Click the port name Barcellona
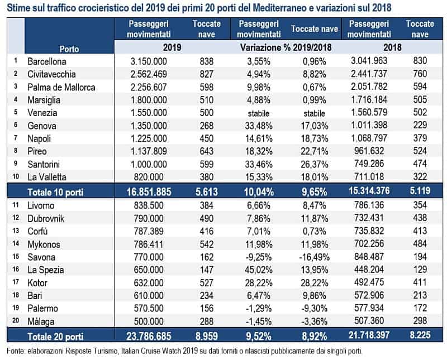[47, 61]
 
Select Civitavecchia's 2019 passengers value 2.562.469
[149, 74]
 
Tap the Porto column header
[69, 49]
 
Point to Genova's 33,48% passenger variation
[259, 126]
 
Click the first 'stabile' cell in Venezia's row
[259, 113]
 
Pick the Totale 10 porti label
[55, 192]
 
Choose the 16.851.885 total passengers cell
[149, 192]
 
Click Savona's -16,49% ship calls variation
[314, 257]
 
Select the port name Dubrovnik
[46, 218]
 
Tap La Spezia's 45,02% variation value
[259, 270]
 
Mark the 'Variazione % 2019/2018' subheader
[286, 47]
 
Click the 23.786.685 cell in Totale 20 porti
[149, 336]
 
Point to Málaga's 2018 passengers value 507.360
[369, 321]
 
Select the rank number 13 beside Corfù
[16, 231]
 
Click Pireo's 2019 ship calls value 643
[206, 151]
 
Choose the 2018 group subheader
[392, 47]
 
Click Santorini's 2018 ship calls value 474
[420, 164]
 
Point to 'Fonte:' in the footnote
[16, 351]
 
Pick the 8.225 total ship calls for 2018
[420, 335]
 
